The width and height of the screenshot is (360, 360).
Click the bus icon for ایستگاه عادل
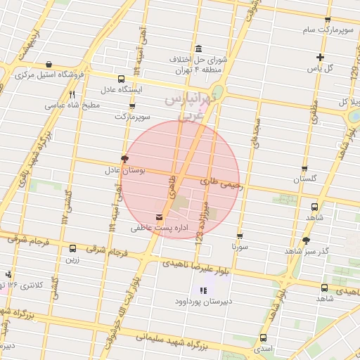(122, 79)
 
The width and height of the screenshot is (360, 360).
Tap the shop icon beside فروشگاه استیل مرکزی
(47, 64)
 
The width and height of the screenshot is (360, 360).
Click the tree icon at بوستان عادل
(124, 159)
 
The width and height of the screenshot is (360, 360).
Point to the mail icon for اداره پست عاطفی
(158, 216)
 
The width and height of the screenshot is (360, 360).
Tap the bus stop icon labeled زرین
(72, 248)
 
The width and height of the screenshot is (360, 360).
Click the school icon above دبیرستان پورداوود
(204, 290)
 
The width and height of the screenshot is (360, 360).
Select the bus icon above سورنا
(240, 236)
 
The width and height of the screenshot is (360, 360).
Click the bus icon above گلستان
(304, 168)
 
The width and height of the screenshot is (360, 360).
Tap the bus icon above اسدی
(263, 337)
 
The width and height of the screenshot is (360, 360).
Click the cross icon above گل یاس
(320, 57)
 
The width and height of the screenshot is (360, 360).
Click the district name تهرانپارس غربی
(188, 107)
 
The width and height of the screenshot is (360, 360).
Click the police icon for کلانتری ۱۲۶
(8, 274)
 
